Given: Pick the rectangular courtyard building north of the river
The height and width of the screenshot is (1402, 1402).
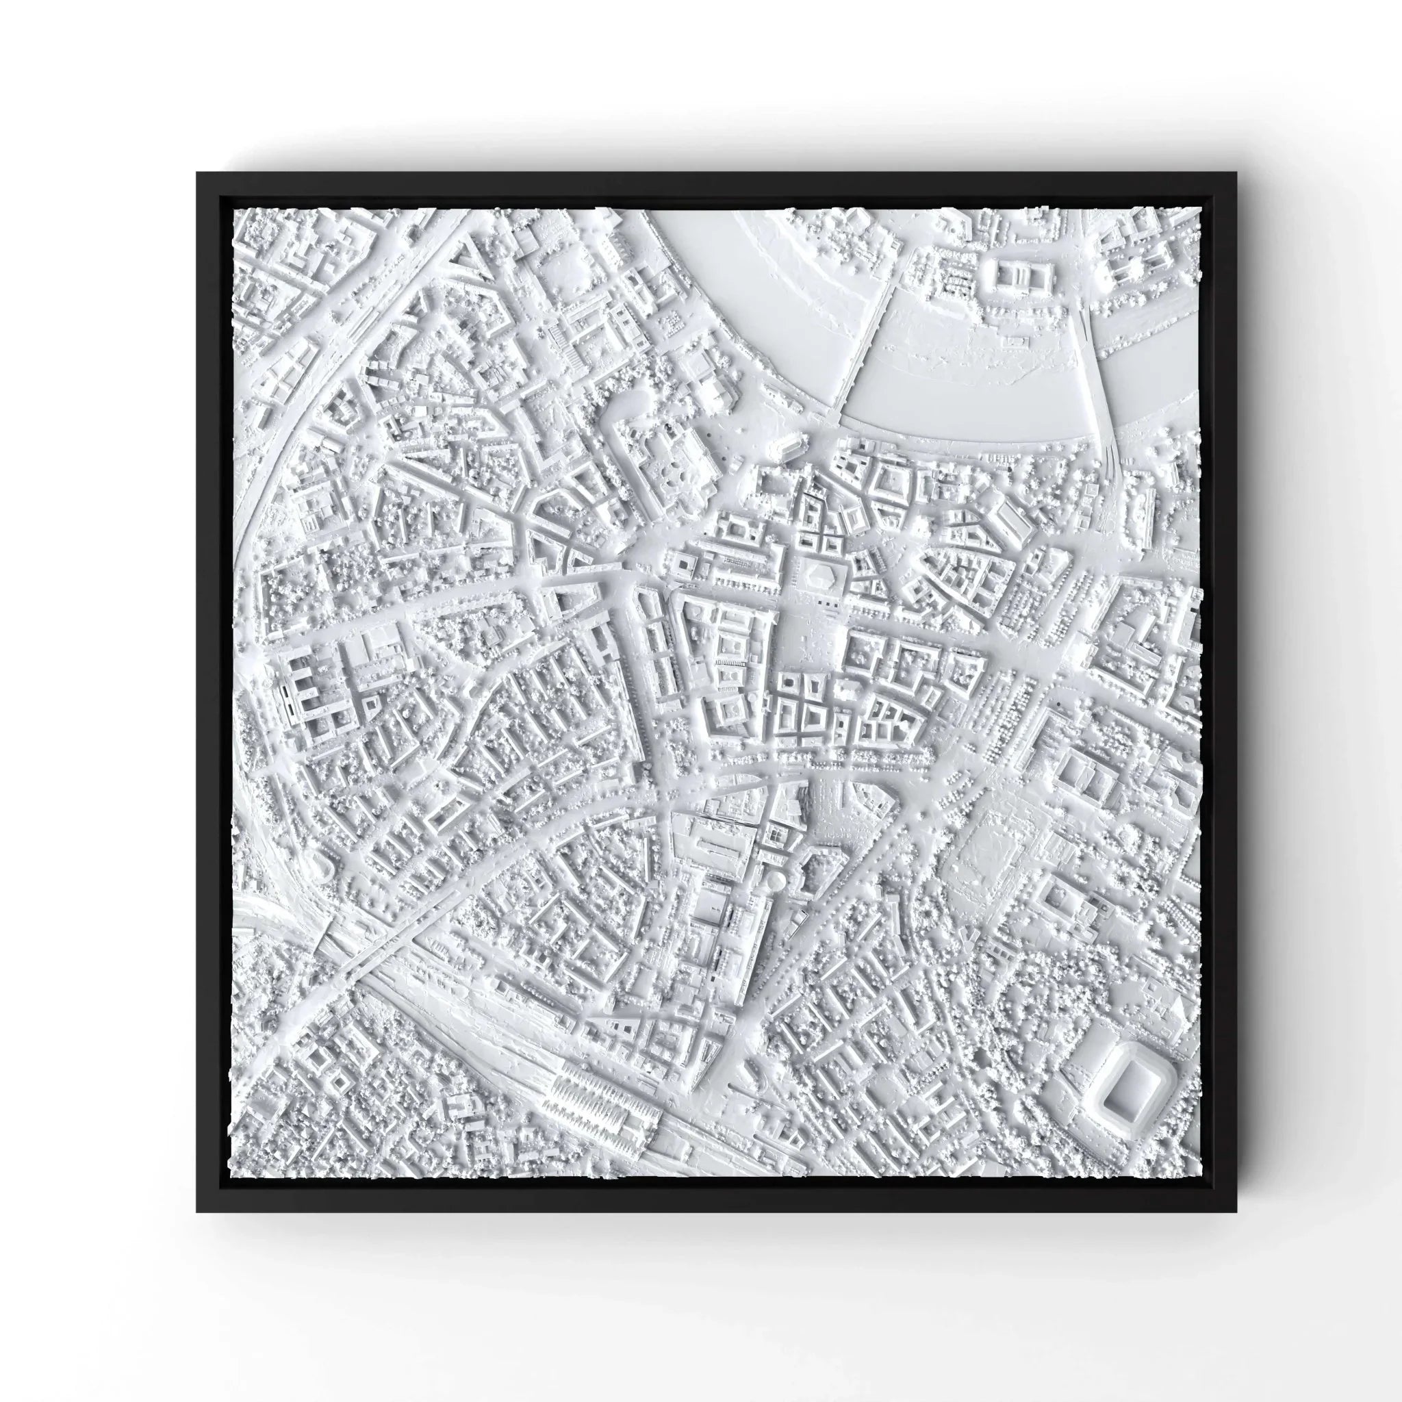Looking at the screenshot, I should [1017, 275].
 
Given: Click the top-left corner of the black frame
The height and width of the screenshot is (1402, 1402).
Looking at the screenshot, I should [198, 173].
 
